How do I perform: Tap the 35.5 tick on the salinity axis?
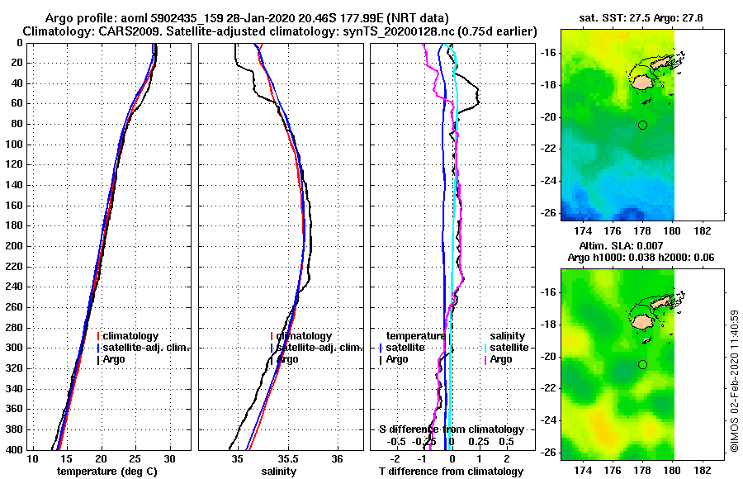click(287, 458)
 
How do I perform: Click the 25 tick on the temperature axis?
click(135, 458)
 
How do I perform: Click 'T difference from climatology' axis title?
click(451, 472)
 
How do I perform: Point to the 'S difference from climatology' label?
click(451, 429)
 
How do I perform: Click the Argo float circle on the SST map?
click(642, 125)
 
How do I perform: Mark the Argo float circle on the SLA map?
click(642, 364)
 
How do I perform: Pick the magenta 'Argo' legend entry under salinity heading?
click(500, 359)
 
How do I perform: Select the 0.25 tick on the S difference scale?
click(480, 441)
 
